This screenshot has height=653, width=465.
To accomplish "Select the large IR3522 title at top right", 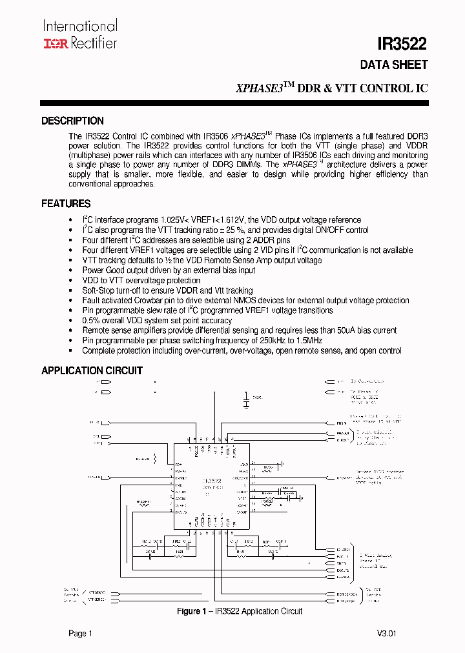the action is tap(402, 44).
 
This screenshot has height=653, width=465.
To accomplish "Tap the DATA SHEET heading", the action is tap(394, 65).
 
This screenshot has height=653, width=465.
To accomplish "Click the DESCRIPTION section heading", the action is tap(72, 121).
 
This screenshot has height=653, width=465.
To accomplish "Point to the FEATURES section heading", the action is tap(66, 204).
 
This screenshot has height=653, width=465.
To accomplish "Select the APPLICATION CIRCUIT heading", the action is tap(92, 370).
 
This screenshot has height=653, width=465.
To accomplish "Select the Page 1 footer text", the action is tap(81, 634).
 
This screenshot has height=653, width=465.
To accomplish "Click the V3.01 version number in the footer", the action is tap(386, 634).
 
